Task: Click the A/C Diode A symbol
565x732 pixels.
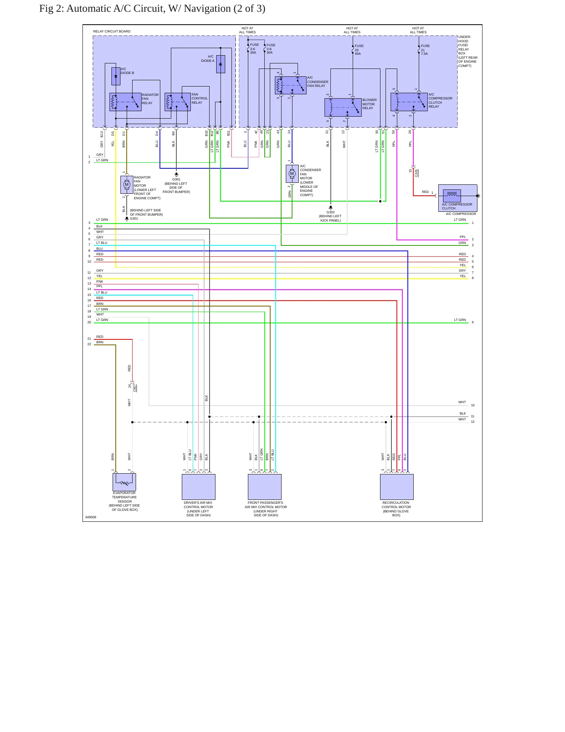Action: point(221,64)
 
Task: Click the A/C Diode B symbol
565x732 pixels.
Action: point(116,76)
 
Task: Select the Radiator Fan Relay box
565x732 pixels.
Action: point(126,102)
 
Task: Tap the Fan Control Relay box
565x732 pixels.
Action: point(178,102)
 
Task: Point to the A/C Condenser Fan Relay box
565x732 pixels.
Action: point(291,85)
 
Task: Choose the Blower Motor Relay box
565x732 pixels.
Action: point(343,107)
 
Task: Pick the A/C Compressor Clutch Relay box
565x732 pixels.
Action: point(409,102)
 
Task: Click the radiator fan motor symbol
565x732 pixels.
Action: point(127,185)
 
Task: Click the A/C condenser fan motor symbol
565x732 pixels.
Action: point(292,174)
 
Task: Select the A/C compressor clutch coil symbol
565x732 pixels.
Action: point(452,195)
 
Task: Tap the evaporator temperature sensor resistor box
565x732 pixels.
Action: point(124,482)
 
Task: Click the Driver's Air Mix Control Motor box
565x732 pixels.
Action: point(199,487)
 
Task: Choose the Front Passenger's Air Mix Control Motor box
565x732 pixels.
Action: point(265,487)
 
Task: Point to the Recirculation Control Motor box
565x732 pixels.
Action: point(397,487)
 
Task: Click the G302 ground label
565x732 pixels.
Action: point(331,212)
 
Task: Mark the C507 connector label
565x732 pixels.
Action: point(135,388)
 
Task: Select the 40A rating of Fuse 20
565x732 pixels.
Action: point(358,54)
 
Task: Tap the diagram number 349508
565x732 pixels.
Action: point(91,517)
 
